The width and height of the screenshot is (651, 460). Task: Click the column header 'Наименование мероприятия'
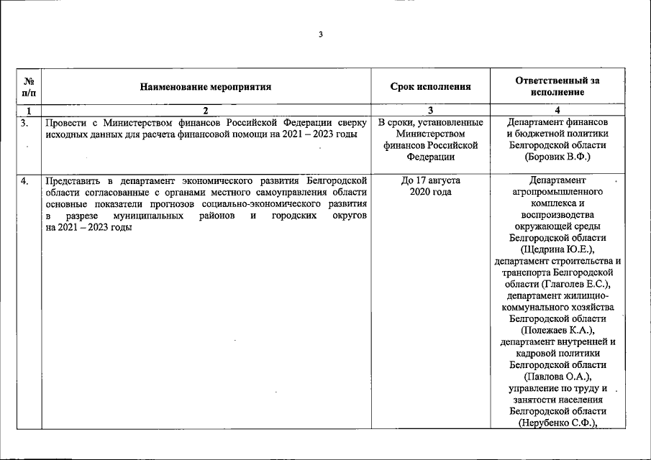coord(205,87)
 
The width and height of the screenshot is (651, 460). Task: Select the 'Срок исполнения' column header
coord(430,87)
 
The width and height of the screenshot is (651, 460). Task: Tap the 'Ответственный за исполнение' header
coord(557,87)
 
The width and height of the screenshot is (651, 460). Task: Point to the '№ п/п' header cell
coord(29,87)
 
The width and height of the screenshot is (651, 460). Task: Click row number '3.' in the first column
coord(25,122)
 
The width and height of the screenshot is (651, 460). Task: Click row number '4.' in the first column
coord(25,180)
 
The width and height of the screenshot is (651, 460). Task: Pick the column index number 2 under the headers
coord(205,111)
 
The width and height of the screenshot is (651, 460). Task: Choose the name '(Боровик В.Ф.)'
coord(557,156)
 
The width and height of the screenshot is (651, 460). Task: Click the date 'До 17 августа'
coord(430,180)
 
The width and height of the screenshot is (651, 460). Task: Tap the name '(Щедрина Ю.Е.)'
coord(557,249)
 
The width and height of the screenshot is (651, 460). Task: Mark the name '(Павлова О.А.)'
coord(557,376)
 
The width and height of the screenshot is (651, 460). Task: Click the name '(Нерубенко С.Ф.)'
coord(557,423)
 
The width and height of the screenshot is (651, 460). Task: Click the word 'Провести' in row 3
coord(65,122)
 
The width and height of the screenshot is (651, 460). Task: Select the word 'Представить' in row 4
coord(72,180)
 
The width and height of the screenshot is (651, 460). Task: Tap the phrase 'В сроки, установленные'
coord(430,122)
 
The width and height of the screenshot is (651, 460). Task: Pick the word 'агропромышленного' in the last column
coord(557,192)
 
